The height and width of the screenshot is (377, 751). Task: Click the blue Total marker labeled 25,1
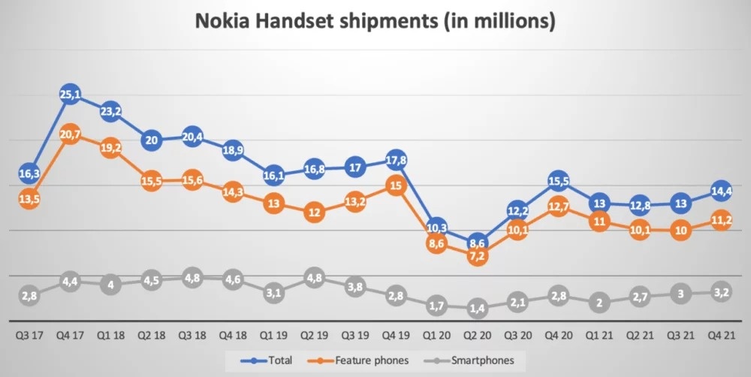[70, 94]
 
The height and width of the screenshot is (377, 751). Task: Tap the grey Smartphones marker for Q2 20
[477, 308]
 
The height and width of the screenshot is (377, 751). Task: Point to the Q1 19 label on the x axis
[273, 336]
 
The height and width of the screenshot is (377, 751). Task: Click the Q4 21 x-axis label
[722, 336]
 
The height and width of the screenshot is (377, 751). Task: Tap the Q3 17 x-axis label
[29, 336]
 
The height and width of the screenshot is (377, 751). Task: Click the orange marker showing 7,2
[477, 256]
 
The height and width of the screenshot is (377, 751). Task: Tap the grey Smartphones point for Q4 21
[722, 291]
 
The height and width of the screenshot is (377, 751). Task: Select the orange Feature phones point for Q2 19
[314, 213]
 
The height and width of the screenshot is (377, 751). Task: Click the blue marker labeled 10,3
[436, 228]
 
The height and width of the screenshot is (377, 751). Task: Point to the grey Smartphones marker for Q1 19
[273, 293]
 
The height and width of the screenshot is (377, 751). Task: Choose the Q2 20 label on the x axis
[477, 336]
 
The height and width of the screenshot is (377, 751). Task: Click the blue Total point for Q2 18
[151, 140]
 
